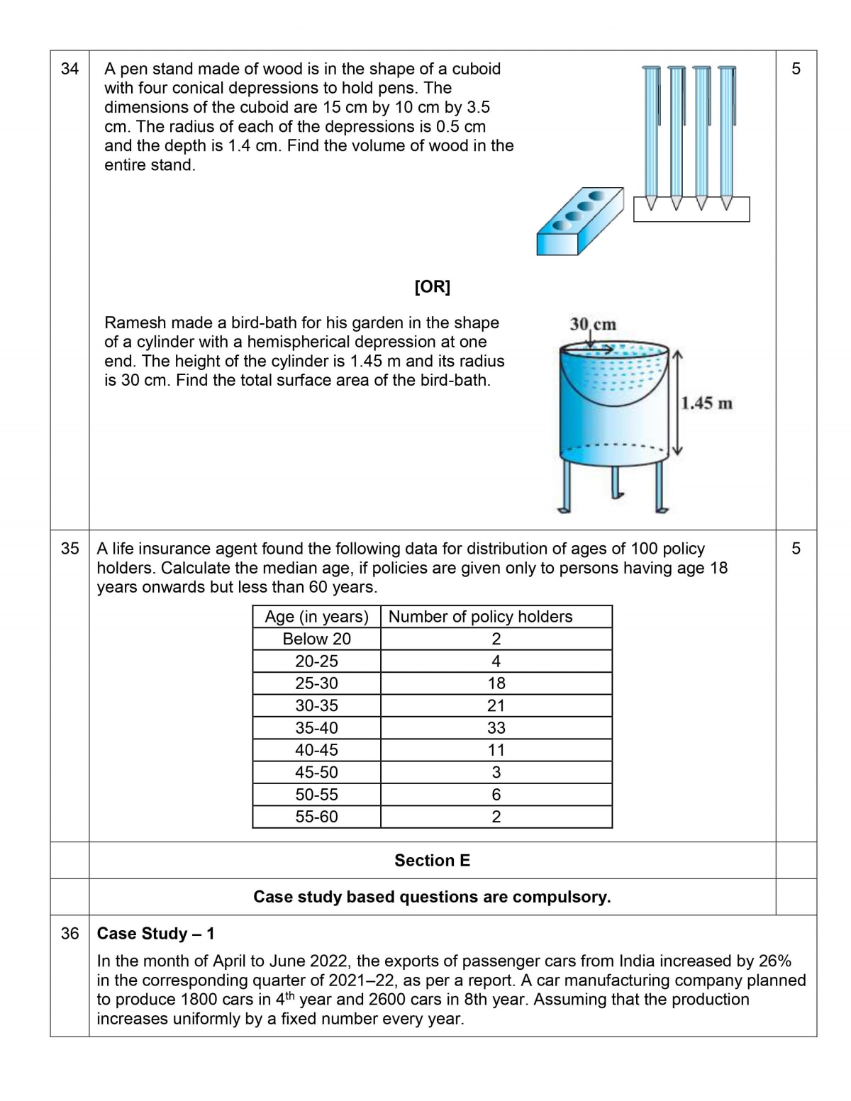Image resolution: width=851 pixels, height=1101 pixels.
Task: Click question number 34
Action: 69,69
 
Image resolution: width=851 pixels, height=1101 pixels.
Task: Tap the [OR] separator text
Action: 432,286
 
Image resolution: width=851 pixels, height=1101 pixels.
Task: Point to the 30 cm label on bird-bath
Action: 593,324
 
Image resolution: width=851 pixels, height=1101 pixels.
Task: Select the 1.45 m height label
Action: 706,403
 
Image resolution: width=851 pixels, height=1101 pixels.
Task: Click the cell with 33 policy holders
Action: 496,727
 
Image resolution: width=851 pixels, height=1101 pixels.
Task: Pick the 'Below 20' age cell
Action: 316,639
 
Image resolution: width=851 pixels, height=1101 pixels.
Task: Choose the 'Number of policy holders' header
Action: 480,617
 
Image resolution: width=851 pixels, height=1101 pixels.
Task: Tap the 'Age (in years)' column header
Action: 316,617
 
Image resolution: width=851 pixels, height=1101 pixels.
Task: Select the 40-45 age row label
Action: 316,749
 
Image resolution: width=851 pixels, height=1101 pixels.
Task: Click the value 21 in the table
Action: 496,705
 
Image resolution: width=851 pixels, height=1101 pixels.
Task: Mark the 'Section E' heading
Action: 432,861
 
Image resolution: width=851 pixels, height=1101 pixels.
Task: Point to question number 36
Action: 69,934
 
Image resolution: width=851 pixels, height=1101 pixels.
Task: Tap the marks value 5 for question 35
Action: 796,548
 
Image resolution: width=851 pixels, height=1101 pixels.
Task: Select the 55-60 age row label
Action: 316,817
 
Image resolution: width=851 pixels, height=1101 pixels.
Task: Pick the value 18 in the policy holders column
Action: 496,683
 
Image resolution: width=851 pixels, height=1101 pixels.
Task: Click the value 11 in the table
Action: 496,750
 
